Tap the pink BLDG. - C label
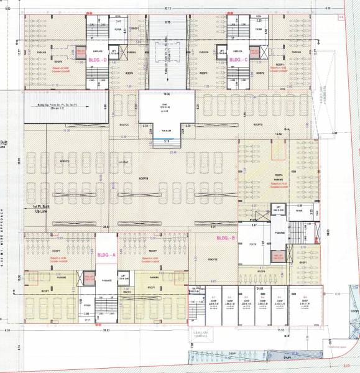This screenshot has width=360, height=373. coord(239,60)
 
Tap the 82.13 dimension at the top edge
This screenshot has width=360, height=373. coord(167,8)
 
